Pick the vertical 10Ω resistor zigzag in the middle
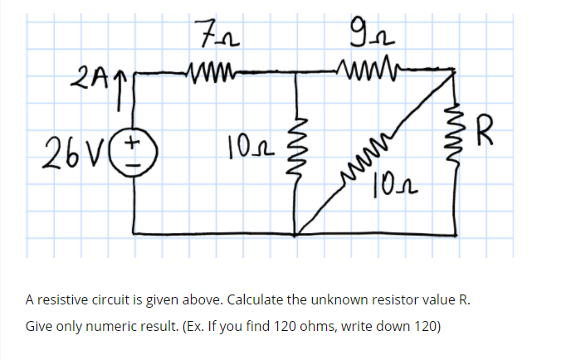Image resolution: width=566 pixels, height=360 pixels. [x=299, y=149]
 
